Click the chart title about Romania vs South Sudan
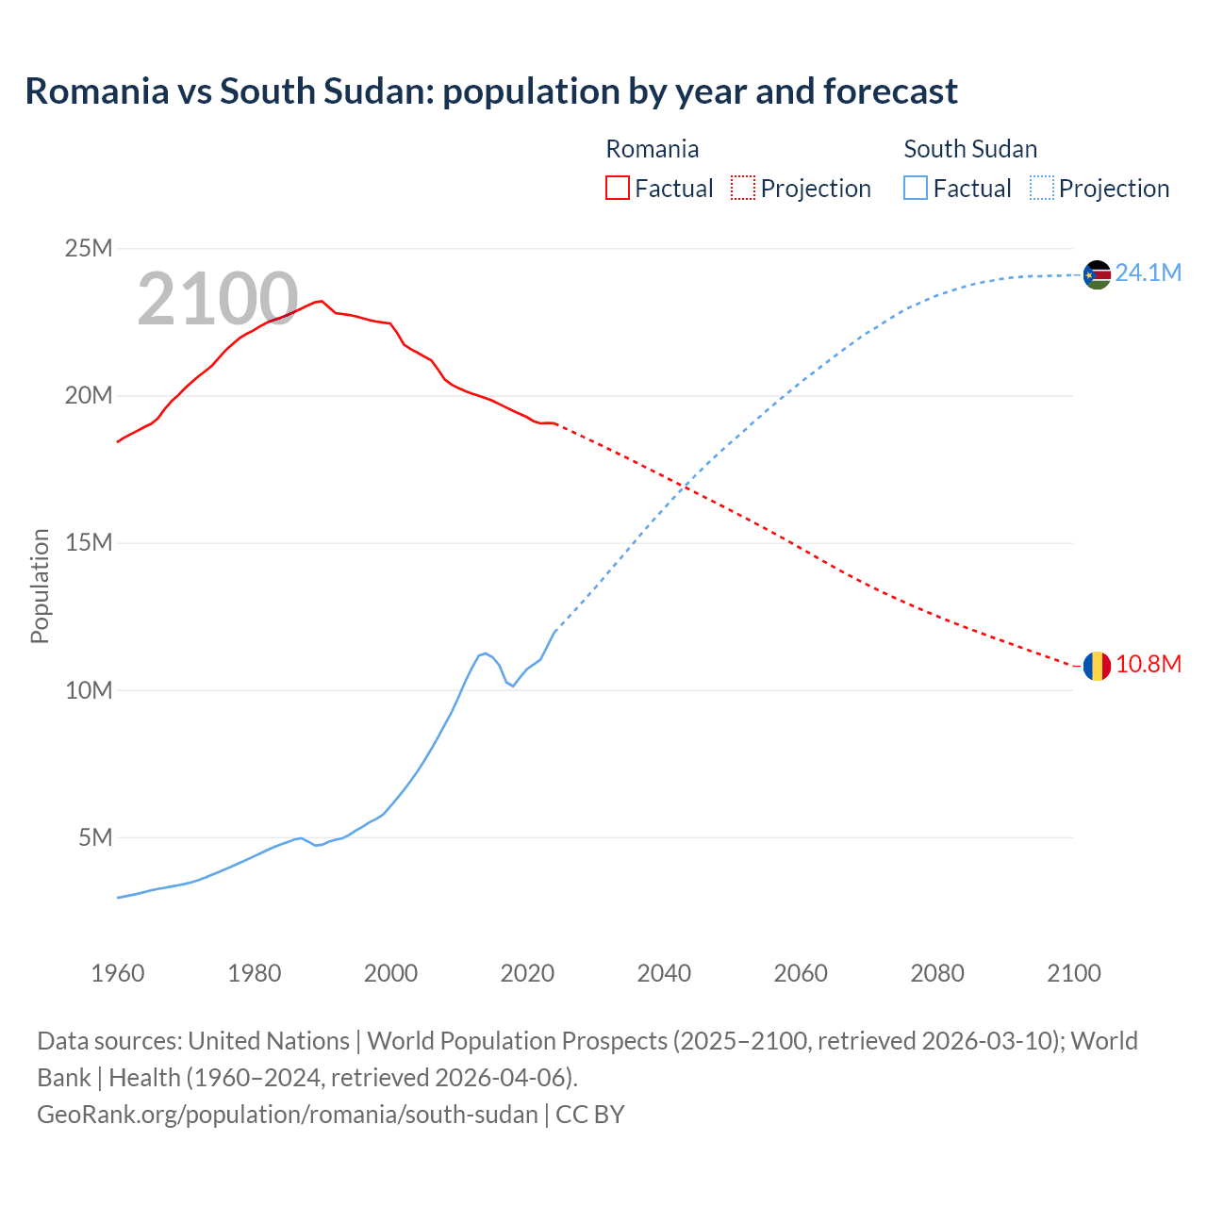490,91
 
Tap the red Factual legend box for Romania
617,188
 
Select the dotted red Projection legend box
743,188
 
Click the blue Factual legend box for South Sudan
916,188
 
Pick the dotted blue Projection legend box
1042,188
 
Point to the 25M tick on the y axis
89,248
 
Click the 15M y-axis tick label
89,543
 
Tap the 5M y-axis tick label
95,837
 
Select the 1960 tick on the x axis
118,973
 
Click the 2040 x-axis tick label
664,973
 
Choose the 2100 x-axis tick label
1073,973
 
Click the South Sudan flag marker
1097,274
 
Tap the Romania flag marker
1097,666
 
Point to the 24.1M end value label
1148,273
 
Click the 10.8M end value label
1148,665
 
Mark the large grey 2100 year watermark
218,299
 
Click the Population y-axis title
40,586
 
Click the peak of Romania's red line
322,301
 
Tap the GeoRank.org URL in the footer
288,1115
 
